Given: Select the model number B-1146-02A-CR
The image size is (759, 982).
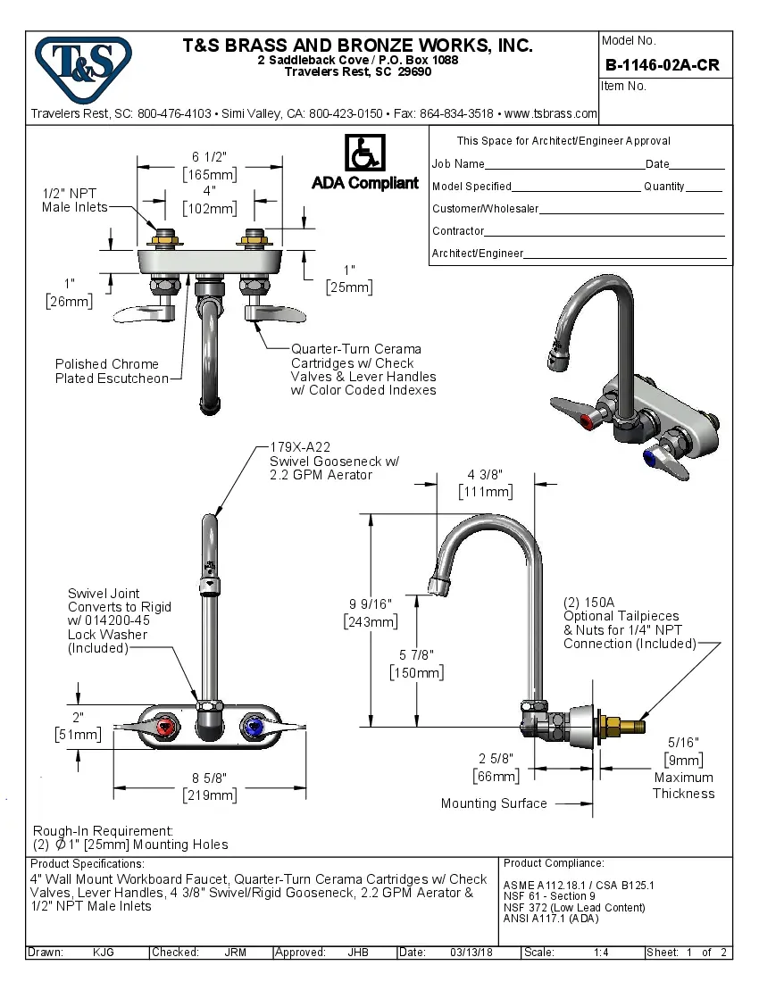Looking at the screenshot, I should (662, 65).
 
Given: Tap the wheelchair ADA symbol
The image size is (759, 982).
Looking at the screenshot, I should (364, 154).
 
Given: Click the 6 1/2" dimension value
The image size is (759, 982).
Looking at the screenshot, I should (210, 156).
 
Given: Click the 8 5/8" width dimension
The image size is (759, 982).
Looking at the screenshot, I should (210, 778).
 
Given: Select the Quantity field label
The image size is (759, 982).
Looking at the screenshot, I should (663, 187).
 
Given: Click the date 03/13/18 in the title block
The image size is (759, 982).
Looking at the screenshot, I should (470, 953).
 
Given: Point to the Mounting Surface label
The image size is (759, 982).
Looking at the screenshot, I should (494, 803).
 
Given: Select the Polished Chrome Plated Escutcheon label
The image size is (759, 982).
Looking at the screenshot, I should (111, 371).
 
